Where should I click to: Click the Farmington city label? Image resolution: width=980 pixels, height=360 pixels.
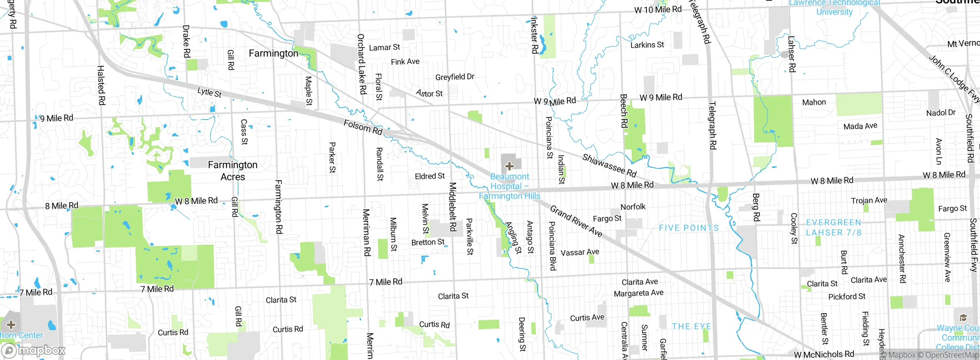[273, 53]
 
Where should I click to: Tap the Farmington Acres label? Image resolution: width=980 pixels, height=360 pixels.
[232, 171]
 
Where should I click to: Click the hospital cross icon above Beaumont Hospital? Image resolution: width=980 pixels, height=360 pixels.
[509, 166]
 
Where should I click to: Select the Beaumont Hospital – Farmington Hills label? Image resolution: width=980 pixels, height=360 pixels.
[510, 186]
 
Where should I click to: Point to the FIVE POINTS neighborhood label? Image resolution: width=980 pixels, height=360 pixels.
[689, 228]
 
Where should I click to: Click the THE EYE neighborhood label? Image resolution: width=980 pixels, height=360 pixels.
[691, 326]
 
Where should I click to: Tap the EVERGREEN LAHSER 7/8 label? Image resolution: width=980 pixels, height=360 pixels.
[833, 227]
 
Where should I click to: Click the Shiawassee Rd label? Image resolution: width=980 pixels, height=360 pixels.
[609, 165]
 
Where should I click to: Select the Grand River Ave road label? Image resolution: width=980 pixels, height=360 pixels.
[576, 221]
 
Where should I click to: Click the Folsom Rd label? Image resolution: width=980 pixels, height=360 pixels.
[363, 127]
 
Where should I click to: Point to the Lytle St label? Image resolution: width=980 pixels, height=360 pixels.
[209, 92]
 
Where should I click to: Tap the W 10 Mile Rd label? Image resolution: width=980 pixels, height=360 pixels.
[658, 10]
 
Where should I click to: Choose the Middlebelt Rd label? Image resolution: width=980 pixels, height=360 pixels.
[452, 207]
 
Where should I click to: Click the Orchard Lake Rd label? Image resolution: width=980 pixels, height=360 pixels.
[361, 64]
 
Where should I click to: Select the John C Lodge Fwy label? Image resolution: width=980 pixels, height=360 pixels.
[954, 79]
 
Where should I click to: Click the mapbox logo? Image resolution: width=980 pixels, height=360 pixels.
[34, 350]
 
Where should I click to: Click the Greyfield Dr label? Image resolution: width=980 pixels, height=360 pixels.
[454, 77]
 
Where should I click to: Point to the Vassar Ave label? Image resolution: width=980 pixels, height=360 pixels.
[580, 252]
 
